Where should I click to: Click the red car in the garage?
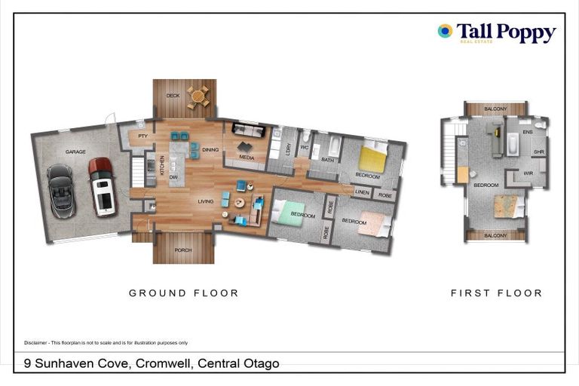click(102, 185)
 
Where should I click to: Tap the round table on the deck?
click(198, 96)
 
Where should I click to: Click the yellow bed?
click(372, 158)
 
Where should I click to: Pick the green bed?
click(287, 213)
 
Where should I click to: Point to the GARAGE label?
click(75, 152)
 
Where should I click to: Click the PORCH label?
click(184, 250)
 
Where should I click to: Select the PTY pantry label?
click(142, 136)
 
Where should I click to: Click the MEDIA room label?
click(246, 158)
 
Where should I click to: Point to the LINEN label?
click(362, 193)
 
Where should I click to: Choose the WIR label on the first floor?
click(528, 173)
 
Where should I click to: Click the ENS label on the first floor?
click(528, 132)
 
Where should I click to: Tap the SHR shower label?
click(538, 152)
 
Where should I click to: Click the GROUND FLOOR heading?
click(183, 293)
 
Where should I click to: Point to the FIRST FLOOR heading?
click(496, 293)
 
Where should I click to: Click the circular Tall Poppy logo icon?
click(445, 31)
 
